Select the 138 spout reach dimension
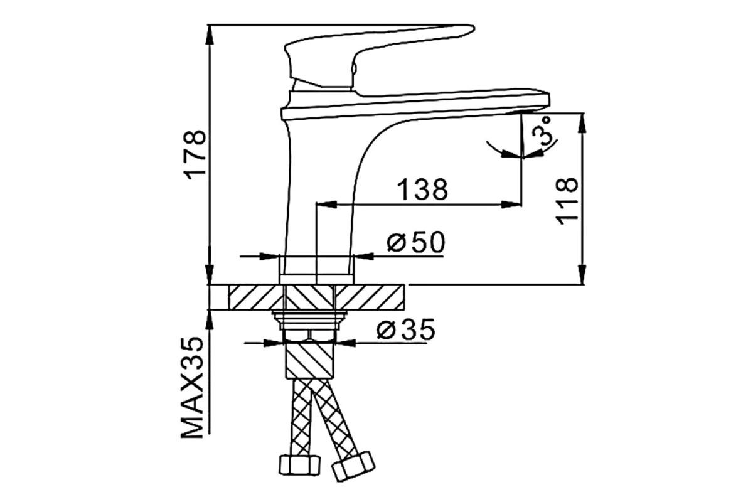pos(422,190)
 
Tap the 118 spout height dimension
pos(567,201)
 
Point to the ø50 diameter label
pos(416,242)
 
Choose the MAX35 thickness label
pos(192,388)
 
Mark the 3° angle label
pos(543,131)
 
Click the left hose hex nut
pos(300,465)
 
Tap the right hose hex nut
pos(353,467)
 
